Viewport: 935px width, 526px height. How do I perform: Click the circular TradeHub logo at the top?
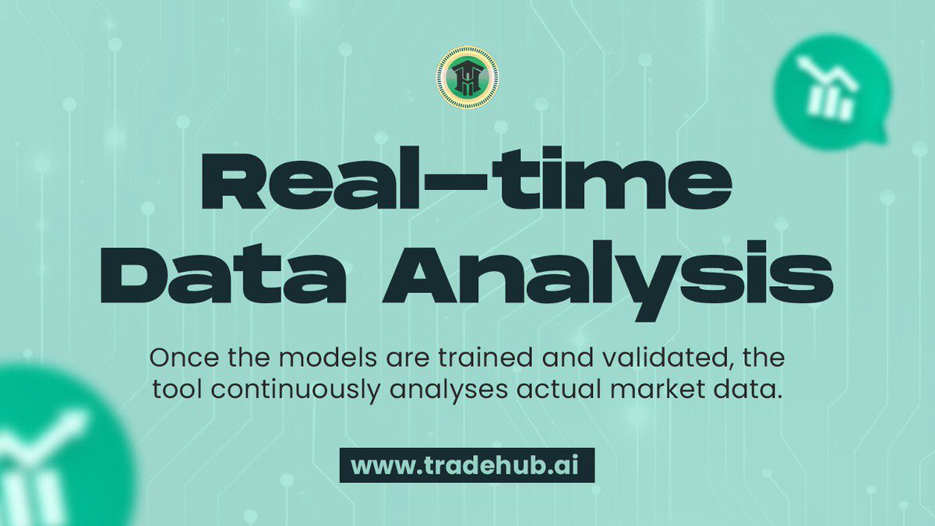tap(467, 76)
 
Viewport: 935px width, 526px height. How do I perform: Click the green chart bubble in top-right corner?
tap(831, 90)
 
